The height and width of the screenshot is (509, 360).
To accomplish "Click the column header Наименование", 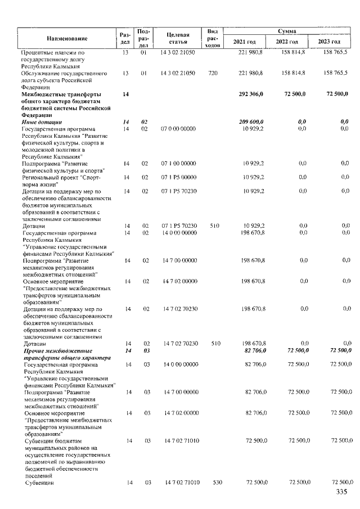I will pyautogui.click(x=66, y=38).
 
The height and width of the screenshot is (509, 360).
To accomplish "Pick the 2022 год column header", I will pyautogui.click(x=287, y=42).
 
